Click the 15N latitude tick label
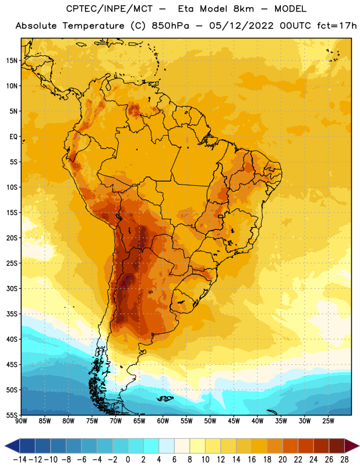pos(12,61)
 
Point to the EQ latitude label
pos(13,137)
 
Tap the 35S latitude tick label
pos(12,314)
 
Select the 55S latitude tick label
pos(12,415)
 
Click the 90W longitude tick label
pos(21,421)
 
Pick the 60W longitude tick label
pos(163,421)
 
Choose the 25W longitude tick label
pos(328,421)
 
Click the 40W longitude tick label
pos(257,421)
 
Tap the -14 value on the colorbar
pos(20,460)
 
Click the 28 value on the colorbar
pos(344,460)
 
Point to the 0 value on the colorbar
pos(128,460)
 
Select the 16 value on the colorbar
pos(252,460)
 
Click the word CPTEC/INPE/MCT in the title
pos(110,9)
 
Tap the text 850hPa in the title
pos(170,26)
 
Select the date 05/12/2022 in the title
pos(241,26)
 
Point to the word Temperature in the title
pos(93,26)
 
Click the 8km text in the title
pos(243,9)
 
